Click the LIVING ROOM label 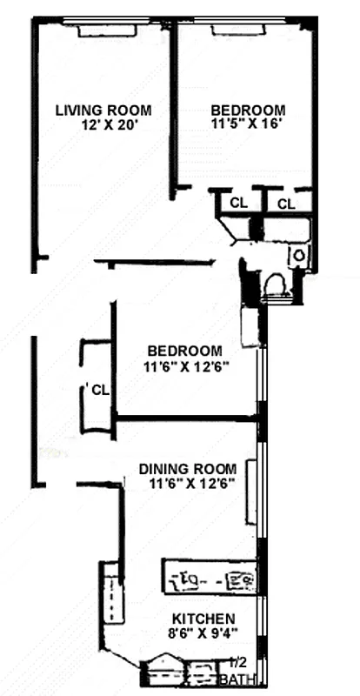tap(103, 110)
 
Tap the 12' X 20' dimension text tap(109, 124)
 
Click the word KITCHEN tap(204, 618)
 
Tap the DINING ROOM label tap(187, 470)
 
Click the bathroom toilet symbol tap(278, 287)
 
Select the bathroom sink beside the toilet tap(298, 256)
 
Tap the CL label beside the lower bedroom tap(100, 390)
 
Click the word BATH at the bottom tap(237, 678)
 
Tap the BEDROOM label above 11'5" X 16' tap(248, 110)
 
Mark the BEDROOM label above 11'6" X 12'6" tap(186, 352)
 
